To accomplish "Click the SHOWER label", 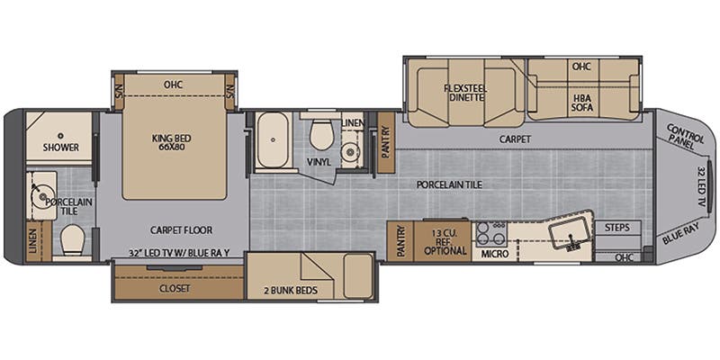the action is point(60,148).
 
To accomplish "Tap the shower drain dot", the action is point(60,136).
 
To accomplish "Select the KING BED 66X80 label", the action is point(172,141).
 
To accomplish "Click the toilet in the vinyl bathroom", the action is point(321,134).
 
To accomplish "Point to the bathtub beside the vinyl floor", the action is point(273,139).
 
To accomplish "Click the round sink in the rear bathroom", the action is point(42,197).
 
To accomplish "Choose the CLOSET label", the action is point(175,288).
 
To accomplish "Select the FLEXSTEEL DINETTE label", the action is point(465,93).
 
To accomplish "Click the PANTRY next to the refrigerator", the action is point(400,241).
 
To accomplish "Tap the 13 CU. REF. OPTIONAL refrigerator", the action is point(443,241).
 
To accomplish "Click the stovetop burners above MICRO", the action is point(490,234).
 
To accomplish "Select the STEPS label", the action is point(616,227).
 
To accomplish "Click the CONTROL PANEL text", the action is point(684,133).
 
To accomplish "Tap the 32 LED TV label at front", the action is point(702,185).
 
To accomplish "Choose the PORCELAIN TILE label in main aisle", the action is point(449,184).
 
